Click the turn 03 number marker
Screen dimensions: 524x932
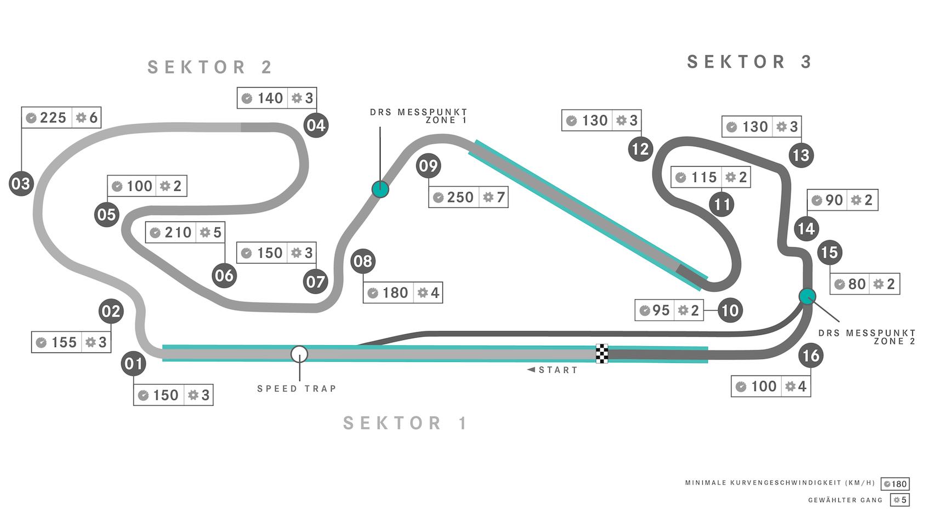click(x=21, y=183)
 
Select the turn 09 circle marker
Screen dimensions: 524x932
click(x=428, y=166)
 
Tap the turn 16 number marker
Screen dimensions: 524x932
click(x=810, y=356)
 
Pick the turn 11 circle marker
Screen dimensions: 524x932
click(x=721, y=204)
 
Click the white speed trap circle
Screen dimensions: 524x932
click(x=299, y=354)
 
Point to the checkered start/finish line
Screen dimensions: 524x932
click(x=602, y=354)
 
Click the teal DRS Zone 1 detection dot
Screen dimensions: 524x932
click(x=380, y=189)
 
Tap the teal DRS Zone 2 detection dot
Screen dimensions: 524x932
click(x=807, y=297)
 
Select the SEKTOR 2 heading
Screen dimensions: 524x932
click(x=211, y=67)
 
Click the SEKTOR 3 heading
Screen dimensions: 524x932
click(x=749, y=62)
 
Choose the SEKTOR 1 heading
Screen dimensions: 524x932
click(x=406, y=423)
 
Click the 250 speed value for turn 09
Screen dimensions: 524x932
click(x=460, y=197)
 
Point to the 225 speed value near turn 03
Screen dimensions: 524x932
click(x=53, y=117)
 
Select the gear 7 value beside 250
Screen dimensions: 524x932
click(x=500, y=197)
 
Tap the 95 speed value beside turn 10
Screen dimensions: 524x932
click(x=661, y=310)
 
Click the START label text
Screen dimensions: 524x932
click(x=558, y=370)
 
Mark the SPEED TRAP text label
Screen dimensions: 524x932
click(x=297, y=389)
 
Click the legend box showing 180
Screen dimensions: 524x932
click(x=895, y=484)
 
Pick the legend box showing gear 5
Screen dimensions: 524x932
click(x=900, y=500)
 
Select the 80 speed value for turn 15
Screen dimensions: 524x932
click(x=857, y=284)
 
